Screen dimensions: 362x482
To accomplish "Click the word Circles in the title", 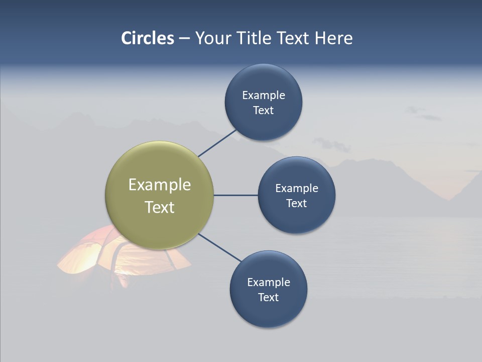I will [x=148, y=38].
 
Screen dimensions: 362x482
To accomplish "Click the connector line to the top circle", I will [x=218, y=143].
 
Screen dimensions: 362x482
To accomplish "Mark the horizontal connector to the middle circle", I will [x=235, y=195].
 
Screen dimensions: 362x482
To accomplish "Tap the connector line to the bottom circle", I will [x=220, y=248].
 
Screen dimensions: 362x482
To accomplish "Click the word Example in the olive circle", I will [x=160, y=185].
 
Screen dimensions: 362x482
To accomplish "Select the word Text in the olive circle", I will [x=160, y=207].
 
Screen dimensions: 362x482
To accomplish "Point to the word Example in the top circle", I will [x=264, y=95].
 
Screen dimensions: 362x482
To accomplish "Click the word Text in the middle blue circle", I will [x=296, y=203].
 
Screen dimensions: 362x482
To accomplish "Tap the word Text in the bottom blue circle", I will [x=268, y=297].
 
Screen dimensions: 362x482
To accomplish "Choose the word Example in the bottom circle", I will [x=269, y=282].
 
